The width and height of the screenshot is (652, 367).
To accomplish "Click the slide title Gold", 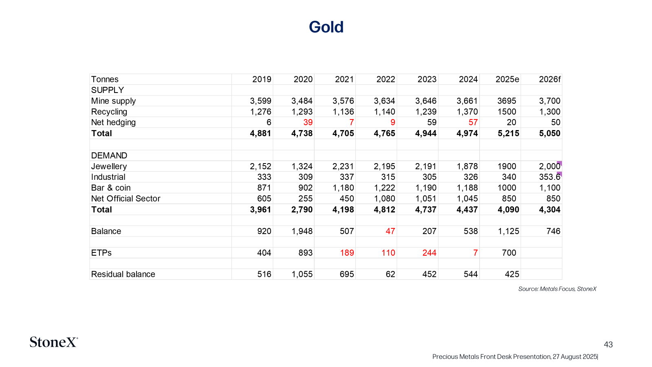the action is click(326, 27).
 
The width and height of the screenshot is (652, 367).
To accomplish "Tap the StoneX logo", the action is click(54, 342).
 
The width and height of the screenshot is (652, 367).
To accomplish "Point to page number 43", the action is click(608, 345).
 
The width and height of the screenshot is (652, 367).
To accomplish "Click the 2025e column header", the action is click(507, 79).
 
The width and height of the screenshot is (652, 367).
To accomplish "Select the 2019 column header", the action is click(262, 79).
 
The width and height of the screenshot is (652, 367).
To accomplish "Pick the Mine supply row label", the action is click(113, 101).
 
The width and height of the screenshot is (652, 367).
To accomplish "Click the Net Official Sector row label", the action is click(126, 198).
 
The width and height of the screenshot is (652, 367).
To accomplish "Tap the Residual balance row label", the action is click(123, 274).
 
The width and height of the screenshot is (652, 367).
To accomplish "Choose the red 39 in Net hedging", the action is click(308, 122).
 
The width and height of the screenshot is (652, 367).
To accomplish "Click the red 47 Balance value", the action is click(390, 231).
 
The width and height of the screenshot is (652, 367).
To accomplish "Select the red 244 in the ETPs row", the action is click(429, 252).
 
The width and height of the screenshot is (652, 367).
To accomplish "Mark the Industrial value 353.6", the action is click(550, 177).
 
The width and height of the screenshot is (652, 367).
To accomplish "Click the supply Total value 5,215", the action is click(508, 133).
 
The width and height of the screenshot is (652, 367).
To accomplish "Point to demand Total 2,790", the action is click(302, 210).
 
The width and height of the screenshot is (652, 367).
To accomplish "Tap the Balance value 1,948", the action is click(302, 231).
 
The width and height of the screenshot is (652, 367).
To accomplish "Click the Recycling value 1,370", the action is click(467, 112).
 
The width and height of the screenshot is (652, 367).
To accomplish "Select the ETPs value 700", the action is click(509, 252).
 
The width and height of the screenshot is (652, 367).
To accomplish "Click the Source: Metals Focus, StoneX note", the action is click(557, 289).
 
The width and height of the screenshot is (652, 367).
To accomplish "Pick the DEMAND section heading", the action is click(109, 155).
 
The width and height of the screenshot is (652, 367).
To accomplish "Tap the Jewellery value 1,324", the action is click(302, 166).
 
